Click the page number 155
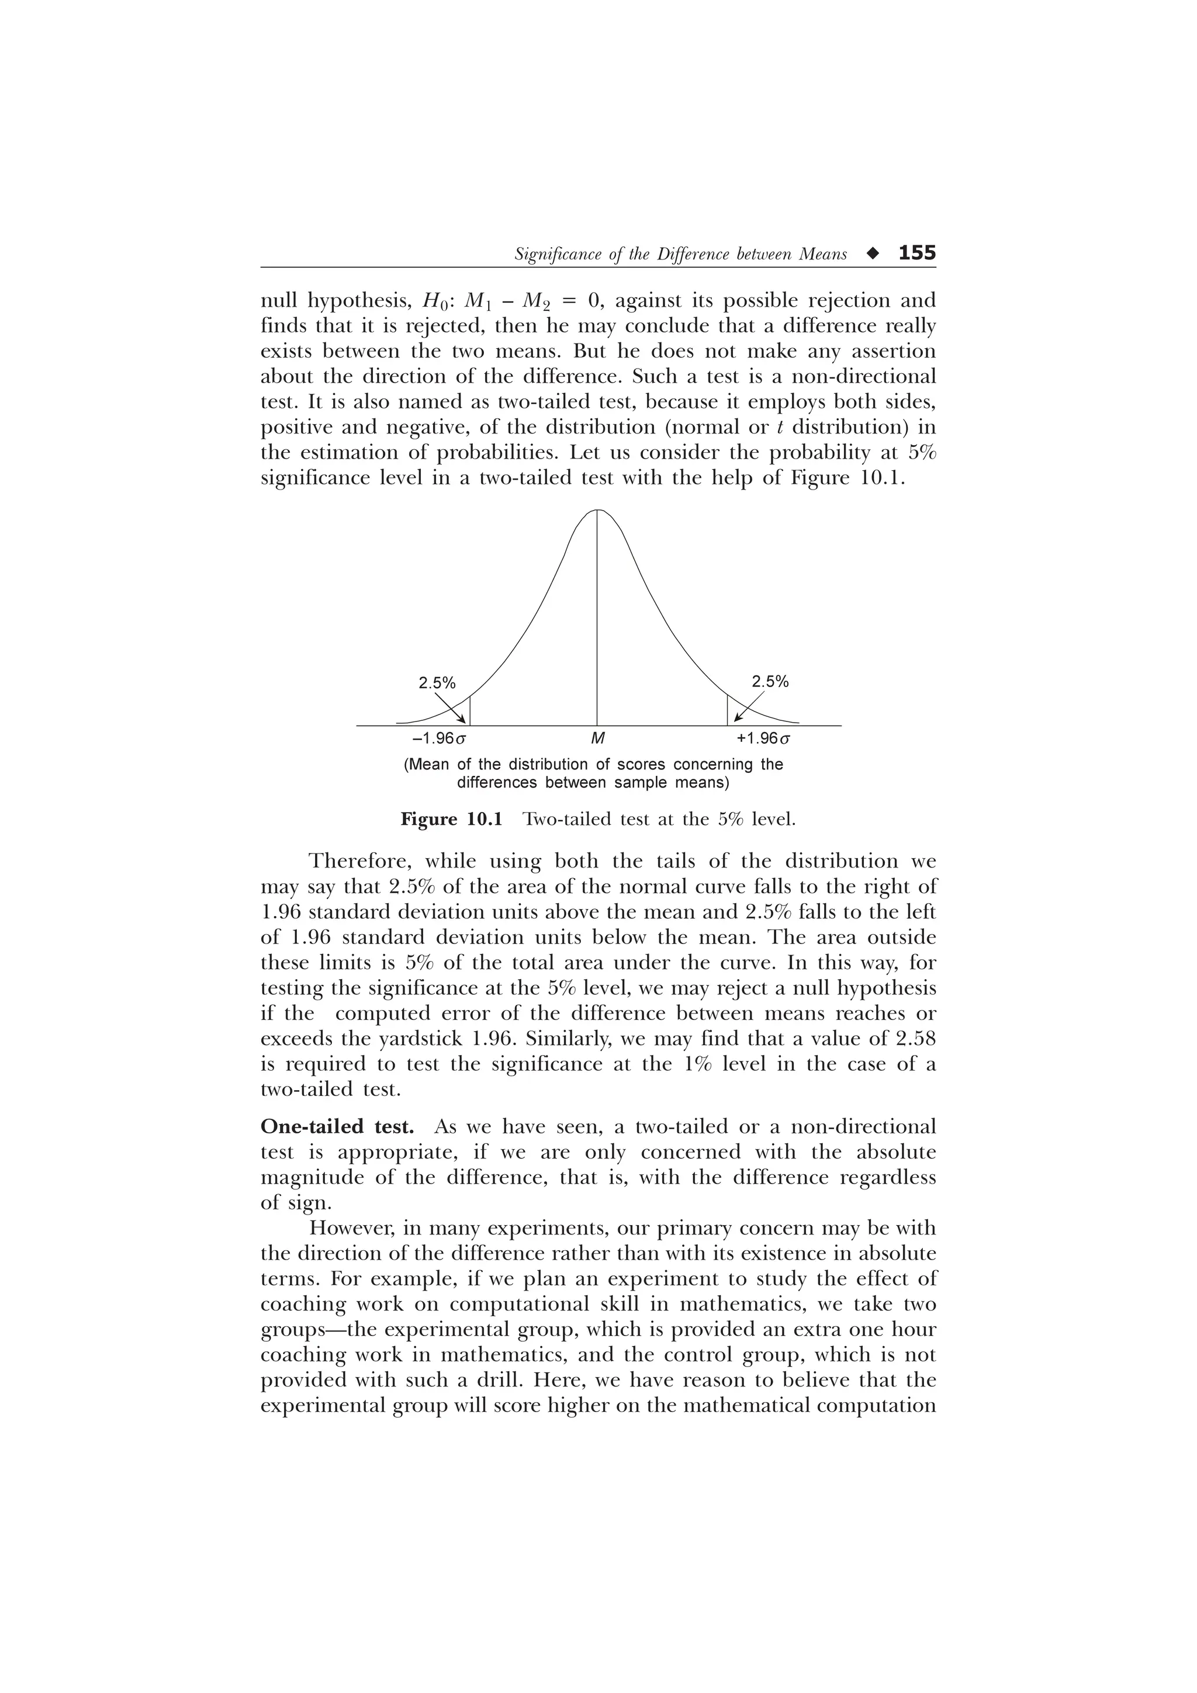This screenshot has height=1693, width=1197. coord(916,253)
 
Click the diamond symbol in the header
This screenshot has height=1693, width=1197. coord(873,254)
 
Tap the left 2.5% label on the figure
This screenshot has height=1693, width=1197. coord(437,683)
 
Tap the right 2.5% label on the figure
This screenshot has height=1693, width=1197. coord(770,681)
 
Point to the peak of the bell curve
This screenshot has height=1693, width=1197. coord(597,510)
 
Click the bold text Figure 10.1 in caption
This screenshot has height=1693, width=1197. coord(451,818)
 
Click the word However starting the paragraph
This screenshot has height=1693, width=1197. coord(353,1229)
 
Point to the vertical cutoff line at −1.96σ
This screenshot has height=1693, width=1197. coord(470,710)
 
